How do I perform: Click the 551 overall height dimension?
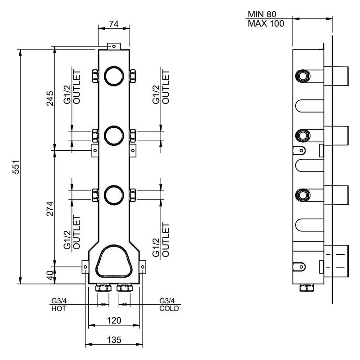coord(17,166)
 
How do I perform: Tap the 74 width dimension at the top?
coord(114,24)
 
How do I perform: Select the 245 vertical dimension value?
coord(50,98)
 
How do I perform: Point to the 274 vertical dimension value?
coord(50,209)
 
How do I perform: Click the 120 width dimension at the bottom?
coord(114,320)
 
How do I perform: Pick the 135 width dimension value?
coord(114,340)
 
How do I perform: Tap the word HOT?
coord(59,308)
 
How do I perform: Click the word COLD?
coord(169,308)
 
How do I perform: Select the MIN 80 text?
coord(262,14)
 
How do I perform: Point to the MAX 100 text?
coord(266,23)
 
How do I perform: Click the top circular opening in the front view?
coord(114,76)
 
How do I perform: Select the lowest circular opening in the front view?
coord(114,195)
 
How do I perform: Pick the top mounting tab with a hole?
coord(114,46)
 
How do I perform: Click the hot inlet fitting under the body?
coord(103,288)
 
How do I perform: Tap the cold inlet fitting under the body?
coord(125,288)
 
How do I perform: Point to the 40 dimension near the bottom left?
coord(50,275)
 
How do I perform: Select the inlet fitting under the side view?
coord(307,288)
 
